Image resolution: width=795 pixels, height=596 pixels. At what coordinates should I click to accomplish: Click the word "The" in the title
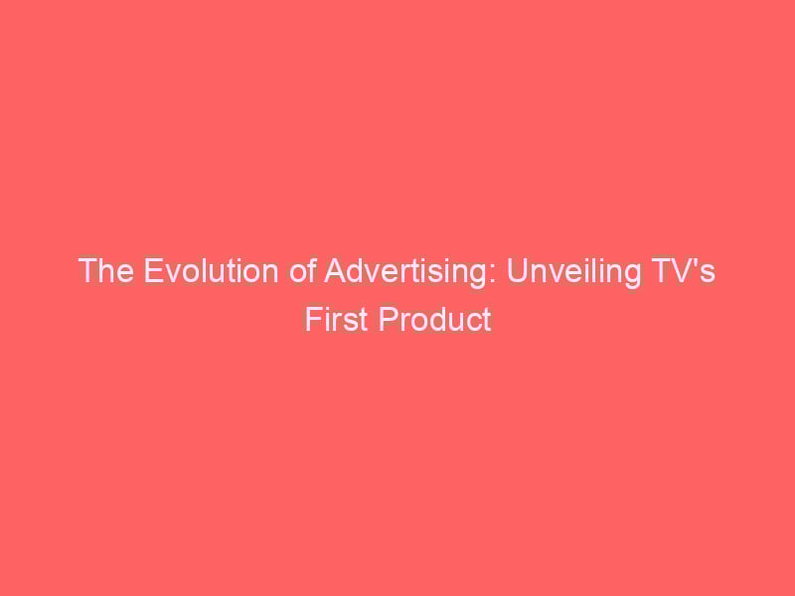(x=106, y=270)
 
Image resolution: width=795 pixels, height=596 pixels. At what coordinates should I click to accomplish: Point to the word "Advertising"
(x=404, y=272)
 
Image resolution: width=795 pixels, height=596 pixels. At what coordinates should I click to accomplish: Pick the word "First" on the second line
(x=336, y=319)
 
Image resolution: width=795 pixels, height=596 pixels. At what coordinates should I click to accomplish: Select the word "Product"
(x=434, y=319)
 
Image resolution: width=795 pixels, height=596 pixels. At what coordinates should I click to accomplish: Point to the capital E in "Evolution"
(x=153, y=270)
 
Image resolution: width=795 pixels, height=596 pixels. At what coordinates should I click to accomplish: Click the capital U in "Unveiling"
(x=517, y=270)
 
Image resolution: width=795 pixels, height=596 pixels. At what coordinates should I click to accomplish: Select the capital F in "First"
(x=313, y=319)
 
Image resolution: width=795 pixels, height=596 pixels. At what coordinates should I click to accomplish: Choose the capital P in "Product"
(x=388, y=319)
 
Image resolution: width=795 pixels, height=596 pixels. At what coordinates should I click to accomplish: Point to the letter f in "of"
(x=311, y=270)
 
